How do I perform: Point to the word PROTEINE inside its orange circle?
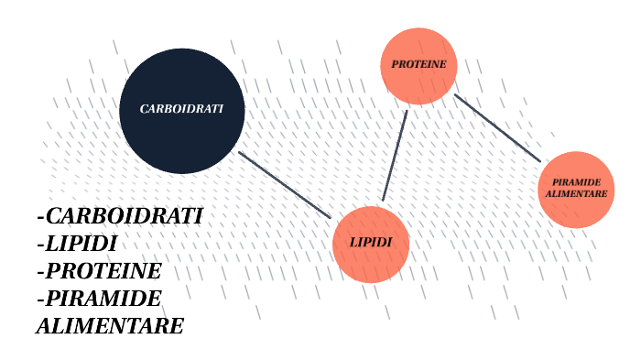(x=418, y=65)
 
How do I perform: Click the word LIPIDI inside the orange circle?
(x=371, y=243)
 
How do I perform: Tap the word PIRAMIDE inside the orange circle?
(x=576, y=183)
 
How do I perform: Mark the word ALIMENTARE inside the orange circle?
(x=576, y=194)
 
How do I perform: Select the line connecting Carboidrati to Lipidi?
(x=284, y=184)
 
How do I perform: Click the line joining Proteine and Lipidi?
(x=395, y=155)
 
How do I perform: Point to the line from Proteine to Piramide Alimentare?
(x=497, y=128)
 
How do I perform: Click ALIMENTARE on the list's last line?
(x=110, y=326)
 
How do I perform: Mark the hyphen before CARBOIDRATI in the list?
(x=40, y=218)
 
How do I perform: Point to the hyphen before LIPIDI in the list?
(x=40, y=245)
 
